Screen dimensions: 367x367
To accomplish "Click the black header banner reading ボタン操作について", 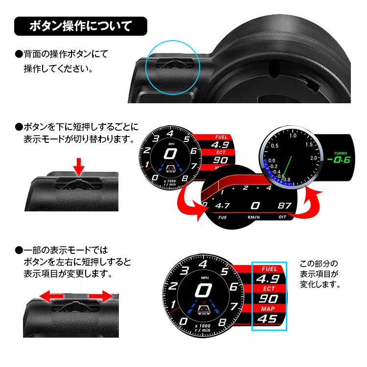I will pyautogui.click(x=80, y=26).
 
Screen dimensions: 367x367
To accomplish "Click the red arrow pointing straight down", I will pyautogui.click(x=78, y=166).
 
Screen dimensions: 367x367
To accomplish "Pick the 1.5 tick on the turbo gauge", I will pyautogui.click(x=309, y=145).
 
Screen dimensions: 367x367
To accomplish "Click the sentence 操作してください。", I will pyautogui.click(x=58, y=69).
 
